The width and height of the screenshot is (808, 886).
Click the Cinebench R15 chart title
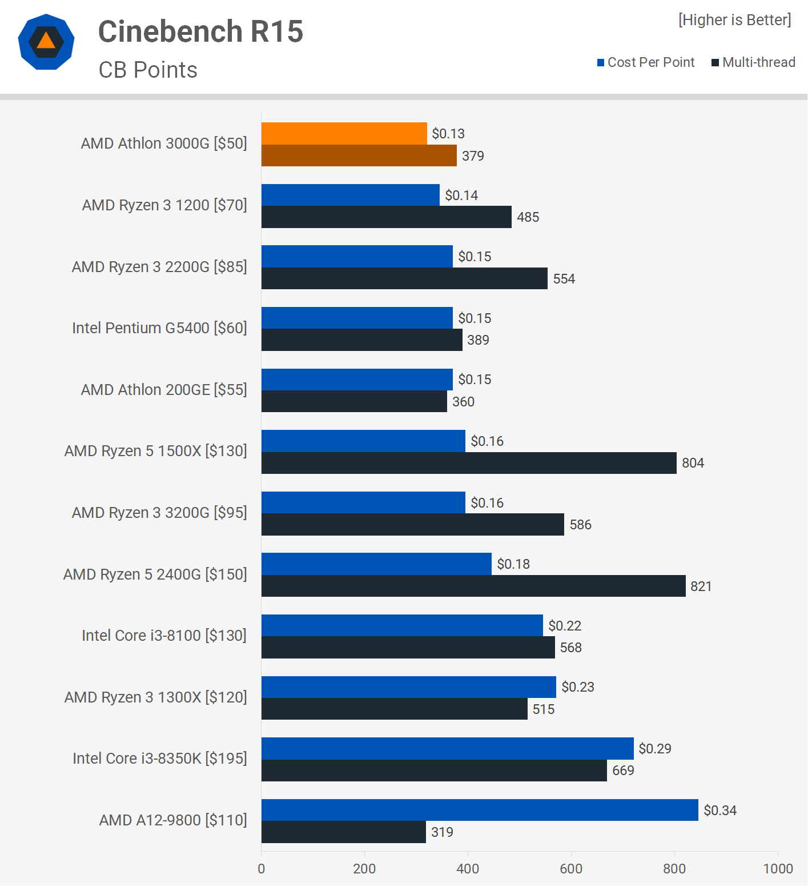point(200,31)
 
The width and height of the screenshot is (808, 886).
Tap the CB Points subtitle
point(148,70)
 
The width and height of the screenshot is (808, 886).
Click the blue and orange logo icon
point(46,42)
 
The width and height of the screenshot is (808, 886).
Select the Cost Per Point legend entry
point(646,62)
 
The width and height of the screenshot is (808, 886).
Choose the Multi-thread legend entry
point(753,62)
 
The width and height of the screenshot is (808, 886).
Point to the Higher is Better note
point(734,20)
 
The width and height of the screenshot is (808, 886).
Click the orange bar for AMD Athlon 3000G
point(344,133)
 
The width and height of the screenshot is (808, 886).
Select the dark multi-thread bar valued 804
point(468,463)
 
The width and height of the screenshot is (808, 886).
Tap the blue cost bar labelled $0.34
point(479,810)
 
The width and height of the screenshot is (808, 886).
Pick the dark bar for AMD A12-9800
point(343,832)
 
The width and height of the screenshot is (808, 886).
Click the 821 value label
point(701,586)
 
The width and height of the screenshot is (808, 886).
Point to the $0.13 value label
point(448,134)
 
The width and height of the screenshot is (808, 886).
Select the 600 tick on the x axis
point(571,869)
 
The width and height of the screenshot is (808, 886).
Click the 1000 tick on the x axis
point(778,869)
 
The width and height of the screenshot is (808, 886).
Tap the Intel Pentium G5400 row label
point(159,328)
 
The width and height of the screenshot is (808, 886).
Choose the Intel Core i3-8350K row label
point(159,759)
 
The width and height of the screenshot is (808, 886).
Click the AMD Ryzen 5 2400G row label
point(155,574)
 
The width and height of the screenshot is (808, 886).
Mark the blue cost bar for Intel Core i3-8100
point(402,625)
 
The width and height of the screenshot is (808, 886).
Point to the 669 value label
point(623,771)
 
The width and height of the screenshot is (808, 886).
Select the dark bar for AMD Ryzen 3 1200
point(386,217)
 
